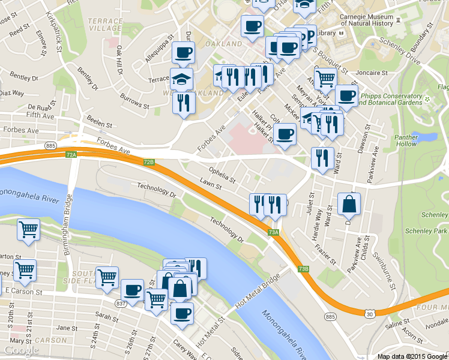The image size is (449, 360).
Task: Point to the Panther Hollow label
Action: coord(406,140)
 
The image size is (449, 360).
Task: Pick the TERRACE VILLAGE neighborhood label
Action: coord(105,24)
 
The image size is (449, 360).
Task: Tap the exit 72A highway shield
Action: coord(71,155)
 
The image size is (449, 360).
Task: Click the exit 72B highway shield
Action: coord(149,162)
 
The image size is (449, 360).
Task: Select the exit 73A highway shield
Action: coord(273,232)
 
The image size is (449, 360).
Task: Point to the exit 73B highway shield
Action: coord(304,269)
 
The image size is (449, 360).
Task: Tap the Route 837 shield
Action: coord(121,304)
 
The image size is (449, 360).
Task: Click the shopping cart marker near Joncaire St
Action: coord(325,78)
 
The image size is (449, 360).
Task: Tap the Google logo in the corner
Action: coord(20,350)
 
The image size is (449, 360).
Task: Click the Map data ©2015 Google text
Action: coord(412,356)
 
